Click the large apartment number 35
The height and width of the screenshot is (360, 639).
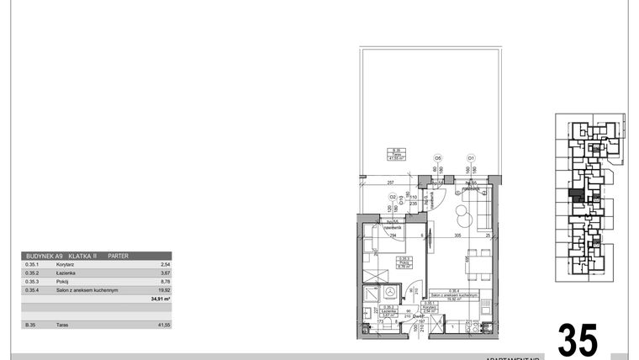578,340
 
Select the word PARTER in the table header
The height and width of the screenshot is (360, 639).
119,256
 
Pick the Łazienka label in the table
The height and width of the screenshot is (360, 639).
59,273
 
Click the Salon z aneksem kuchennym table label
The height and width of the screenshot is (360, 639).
82,289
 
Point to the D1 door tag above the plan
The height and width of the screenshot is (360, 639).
472,157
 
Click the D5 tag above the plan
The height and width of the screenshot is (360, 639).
437,157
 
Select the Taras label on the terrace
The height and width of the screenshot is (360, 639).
395,153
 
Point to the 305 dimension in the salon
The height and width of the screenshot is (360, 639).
457,237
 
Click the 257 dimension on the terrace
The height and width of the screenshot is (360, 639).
390,183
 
